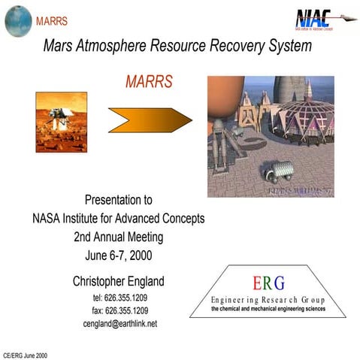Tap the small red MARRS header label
point(51,20)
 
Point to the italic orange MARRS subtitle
point(148,81)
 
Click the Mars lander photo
point(61,121)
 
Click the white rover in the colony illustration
point(275,171)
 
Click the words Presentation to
point(118,201)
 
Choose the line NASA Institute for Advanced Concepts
point(118,219)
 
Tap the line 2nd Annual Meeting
point(118,237)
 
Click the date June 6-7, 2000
point(118,256)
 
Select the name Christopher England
point(118,281)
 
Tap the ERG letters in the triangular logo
point(268,283)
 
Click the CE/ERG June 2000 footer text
point(26,353)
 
